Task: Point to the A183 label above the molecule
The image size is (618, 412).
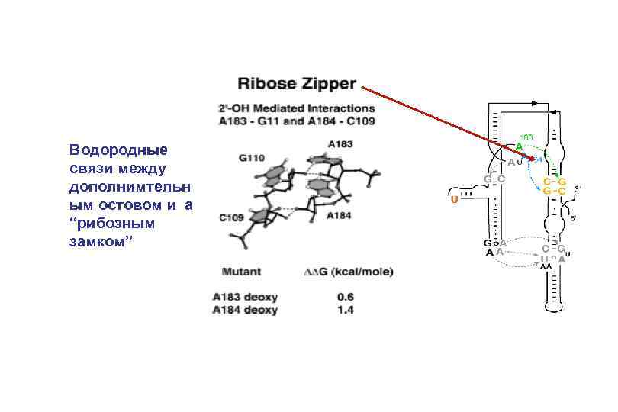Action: (x=340, y=144)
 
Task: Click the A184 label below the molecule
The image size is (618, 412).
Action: (x=339, y=216)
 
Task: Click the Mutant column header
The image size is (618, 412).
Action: (x=241, y=271)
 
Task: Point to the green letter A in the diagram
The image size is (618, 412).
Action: (x=518, y=146)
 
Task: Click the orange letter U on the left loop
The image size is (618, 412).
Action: (x=454, y=200)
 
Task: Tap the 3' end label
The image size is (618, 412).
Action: (x=578, y=187)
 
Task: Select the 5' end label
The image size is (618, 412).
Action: (x=573, y=219)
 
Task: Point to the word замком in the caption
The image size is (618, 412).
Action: (x=95, y=240)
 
